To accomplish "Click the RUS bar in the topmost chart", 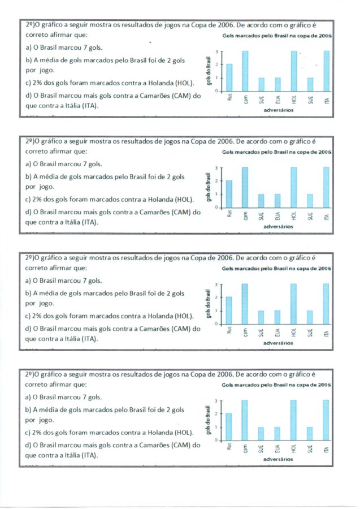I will click(x=229, y=77).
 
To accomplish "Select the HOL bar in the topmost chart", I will click(x=294, y=71).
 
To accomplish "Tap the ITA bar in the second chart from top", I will click(x=326, y=187).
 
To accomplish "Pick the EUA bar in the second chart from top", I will click(x=277, y=201).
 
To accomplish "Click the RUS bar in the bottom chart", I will click(x=229, y=426).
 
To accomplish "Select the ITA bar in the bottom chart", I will click(x=326, y=420).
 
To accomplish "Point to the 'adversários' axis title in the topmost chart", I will click(x=278, y=110).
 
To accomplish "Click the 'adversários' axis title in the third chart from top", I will click(x=278, y=343).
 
